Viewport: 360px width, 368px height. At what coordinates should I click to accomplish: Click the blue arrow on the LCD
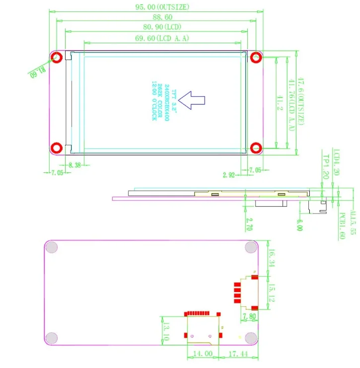coord(192,100)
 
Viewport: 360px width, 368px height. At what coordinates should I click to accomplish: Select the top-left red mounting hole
coord(58,58)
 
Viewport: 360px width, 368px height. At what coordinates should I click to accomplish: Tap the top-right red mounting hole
coord(256,58)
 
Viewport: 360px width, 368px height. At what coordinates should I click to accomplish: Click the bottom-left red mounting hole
coord(58,147)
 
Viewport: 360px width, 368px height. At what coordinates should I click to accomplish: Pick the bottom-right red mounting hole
coord(256,147)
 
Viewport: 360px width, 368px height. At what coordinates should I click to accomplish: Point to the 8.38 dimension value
coord(75,164)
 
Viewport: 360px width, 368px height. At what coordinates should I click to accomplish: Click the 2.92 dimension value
coord(229,175)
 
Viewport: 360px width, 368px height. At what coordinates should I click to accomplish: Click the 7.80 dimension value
coord(249,315)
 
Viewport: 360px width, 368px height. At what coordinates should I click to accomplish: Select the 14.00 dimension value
coord(203,354)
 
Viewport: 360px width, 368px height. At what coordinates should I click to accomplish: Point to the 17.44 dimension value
coord(239,354)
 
